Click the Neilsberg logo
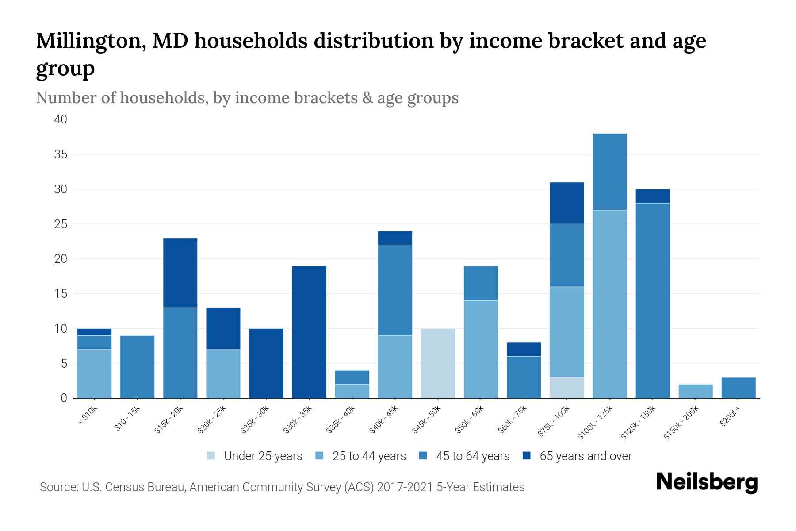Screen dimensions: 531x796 (707, 482)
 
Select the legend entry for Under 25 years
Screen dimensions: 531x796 (263, 456)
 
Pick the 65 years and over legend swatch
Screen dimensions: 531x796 (527, 456)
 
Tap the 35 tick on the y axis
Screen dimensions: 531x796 (61, 154)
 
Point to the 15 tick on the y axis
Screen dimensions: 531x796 (61, 294)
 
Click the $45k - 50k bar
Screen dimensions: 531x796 (438, 363)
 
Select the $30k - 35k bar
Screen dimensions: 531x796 (309, 332)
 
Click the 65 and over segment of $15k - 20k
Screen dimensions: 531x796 (180, 273)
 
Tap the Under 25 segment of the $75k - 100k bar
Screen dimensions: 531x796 (566, 388)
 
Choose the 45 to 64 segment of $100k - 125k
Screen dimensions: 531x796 (609, 172)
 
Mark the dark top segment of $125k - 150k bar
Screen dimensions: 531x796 (652, 196)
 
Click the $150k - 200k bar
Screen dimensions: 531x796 (695, 391)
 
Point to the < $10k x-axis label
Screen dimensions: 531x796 (88, 416)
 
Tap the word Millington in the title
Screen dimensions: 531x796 (91, 41)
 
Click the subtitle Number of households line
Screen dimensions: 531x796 (247, 98)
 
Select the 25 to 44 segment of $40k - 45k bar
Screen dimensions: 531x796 (395, 367)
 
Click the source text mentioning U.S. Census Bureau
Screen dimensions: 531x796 (282, 487)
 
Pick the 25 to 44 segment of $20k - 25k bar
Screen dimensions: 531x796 (223, 374)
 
